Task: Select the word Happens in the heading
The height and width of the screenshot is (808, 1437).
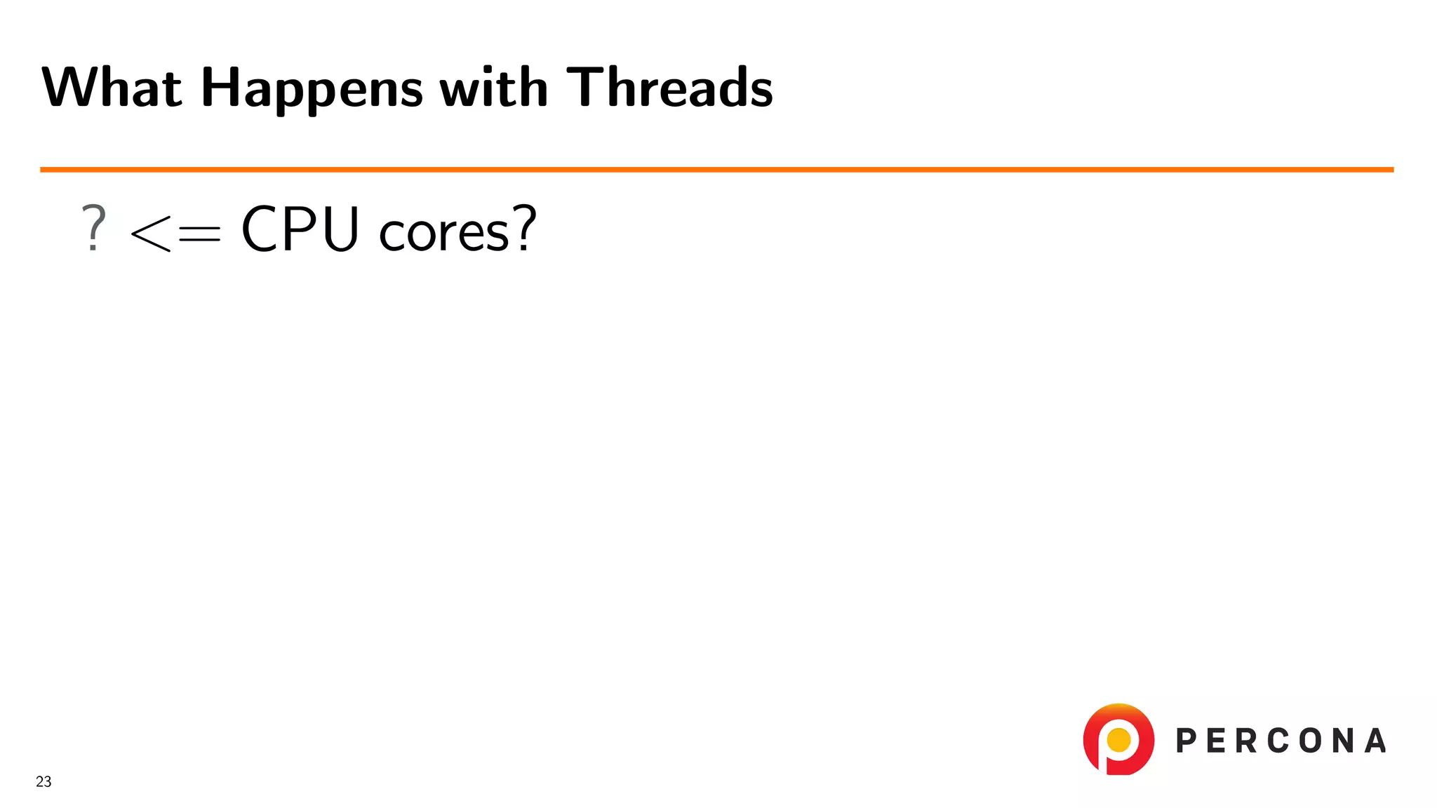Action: pyautogui.click(x=312, y=89)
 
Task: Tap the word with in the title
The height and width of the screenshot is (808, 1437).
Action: pyautogui.click(x=493, y=88)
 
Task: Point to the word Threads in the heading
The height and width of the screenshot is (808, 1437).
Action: pyautogui.click(x=669, y=88)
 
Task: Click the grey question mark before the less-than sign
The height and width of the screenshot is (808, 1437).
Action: pyautogui.click(x=93, y=228)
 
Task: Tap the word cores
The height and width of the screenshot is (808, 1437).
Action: pyautogui.click(x=443, y=232)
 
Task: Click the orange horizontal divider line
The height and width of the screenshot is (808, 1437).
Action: pyautogui.click(x=716, y=170)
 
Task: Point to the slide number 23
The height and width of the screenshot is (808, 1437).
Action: pyautogui.click(x=44, y=781)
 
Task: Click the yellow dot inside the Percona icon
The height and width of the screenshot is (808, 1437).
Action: pyautogui.click(x=1118, y=739)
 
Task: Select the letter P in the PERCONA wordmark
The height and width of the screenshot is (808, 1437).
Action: pyautogui.click(x=1187, y=741)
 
